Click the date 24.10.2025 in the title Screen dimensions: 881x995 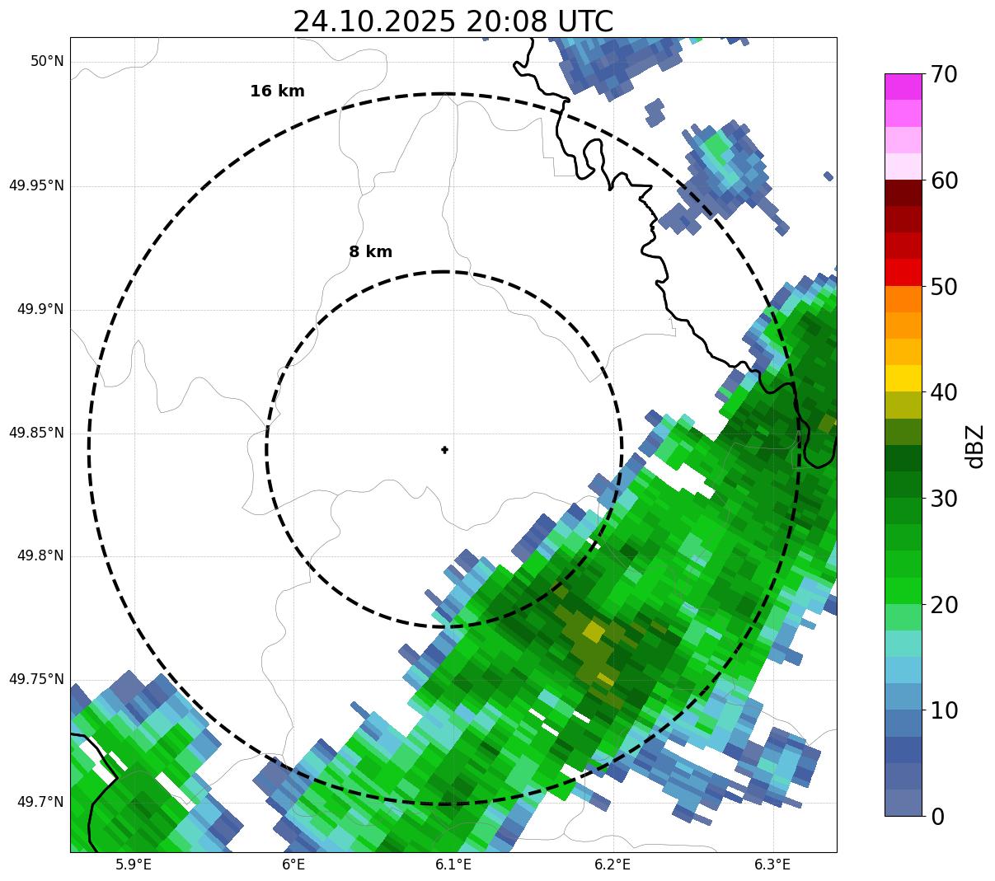pos(373,21)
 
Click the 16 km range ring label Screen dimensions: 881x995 pos(277,91)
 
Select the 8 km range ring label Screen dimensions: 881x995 pos(370,252)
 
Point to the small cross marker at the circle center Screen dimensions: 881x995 pos(445,449)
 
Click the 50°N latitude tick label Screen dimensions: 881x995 pos(47,61)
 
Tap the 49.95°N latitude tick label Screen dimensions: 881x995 pos(36,185)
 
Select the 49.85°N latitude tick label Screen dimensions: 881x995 pos(36,433)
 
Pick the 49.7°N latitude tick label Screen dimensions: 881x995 pos(40,802)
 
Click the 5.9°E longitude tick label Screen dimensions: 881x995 pos(133,865)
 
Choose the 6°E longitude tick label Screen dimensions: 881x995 pos(293,865)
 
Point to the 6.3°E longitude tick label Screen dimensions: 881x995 pos(772,865)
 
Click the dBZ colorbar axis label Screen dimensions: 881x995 pos(975,446)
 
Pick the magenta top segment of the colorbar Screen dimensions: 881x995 pos(903,87)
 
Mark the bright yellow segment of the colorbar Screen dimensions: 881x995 pos(903,378)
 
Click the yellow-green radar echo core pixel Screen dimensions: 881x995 pos(593,632)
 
